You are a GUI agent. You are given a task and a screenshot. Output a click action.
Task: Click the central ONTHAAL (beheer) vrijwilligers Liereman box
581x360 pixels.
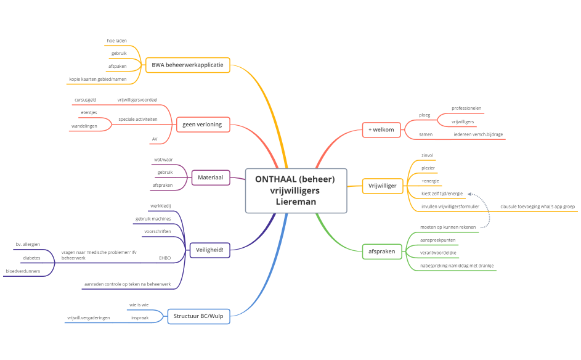[296, 190]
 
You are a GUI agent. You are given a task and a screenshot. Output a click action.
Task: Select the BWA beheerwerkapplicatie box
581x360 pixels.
[187, 65]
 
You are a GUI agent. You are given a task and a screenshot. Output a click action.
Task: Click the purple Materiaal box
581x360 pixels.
[211, 178]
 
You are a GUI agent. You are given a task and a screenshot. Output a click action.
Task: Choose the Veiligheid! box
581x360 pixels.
[209, 250]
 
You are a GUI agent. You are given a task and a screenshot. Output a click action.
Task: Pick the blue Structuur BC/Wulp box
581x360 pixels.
[198, 316]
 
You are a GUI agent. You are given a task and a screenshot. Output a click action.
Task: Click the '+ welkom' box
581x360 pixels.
[381, 130]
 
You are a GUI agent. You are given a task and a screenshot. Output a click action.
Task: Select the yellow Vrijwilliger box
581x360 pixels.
[383, 186]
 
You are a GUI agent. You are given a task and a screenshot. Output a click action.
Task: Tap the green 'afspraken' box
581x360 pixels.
[381, 252]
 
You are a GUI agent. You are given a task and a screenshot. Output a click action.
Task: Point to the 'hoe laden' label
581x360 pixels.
[116, 41]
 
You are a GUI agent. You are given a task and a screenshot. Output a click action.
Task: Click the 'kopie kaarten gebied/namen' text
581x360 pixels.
[98, 80]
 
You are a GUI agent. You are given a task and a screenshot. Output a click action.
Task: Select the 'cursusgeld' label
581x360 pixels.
[85, 100]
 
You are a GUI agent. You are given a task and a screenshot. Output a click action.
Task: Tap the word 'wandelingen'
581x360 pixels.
[84, 126]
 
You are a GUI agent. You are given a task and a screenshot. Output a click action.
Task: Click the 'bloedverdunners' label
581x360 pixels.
[23, 271]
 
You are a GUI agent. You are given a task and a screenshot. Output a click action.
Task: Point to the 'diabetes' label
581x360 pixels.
[31, 258]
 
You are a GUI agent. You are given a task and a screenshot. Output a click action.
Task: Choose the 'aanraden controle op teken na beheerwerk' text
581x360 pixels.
[128, 284]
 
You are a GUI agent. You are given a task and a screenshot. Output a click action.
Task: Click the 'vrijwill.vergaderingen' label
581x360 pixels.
[89, 317]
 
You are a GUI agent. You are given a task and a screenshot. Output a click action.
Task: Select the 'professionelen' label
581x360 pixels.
[466, 108]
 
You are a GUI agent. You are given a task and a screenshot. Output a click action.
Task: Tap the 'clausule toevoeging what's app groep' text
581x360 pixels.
[538, 207]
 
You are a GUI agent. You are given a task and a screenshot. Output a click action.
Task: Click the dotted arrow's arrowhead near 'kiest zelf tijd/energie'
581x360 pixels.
[469, 194]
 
